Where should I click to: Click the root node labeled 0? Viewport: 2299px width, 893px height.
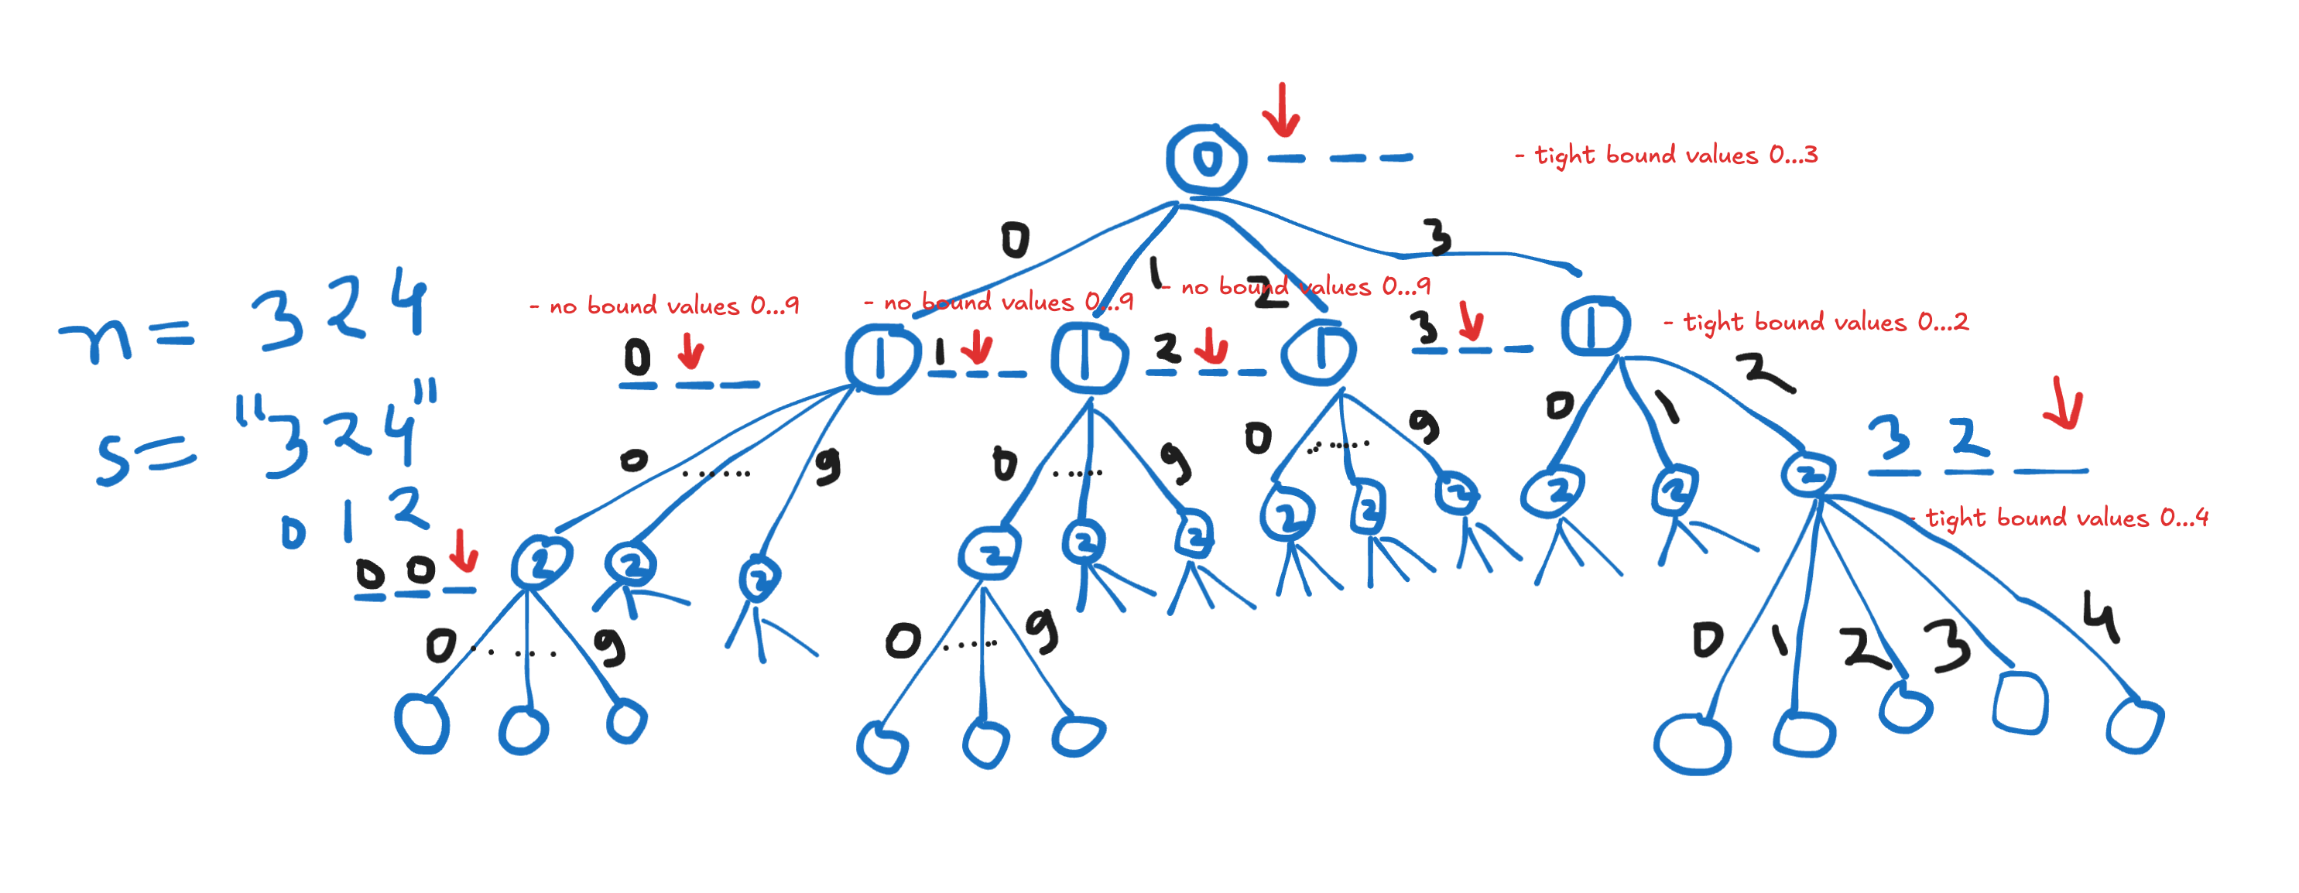(x=1206, y=159)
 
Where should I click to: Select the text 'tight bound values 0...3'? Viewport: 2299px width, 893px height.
(x=1667, y=156)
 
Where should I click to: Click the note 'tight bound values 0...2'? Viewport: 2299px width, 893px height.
(x=1817, y=322)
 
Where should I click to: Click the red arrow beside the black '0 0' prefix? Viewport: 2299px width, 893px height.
(x=462, y=550)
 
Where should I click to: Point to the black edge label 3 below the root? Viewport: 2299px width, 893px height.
(x=1437, y=238)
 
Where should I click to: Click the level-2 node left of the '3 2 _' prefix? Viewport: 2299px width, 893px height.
(x=1808, y=474)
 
